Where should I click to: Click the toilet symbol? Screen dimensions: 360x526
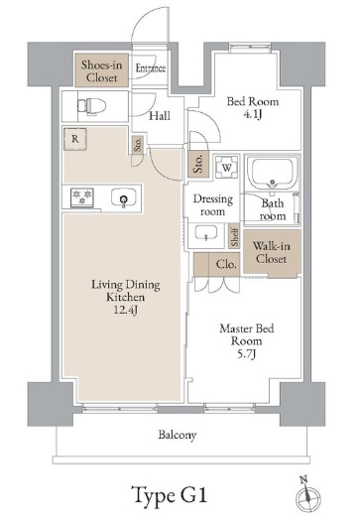pos(91,106)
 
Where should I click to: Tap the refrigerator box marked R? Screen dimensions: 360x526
pos(75,139)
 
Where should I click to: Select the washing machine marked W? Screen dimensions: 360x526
pos(226,167)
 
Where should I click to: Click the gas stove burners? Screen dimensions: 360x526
pos(81,197)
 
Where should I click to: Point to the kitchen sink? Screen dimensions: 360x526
pos(124,198)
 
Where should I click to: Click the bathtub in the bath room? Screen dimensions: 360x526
pos(272,173)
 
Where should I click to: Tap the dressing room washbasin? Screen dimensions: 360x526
pos(206,233)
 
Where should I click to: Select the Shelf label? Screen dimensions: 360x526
pos(234,237)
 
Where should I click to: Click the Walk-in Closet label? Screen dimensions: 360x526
pos(271,252)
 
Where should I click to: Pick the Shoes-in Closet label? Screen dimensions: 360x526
pos(101,70)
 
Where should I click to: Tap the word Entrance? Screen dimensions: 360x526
pos(151,68)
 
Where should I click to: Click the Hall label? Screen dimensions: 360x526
pos(160,116)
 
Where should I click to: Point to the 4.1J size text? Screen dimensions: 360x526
pos(253,115)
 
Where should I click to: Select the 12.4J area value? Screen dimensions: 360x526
pos(126,310)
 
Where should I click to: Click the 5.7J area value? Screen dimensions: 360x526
pos(246,354)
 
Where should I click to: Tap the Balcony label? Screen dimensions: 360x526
pos(178,435)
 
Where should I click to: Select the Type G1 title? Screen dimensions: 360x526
pos(169,495)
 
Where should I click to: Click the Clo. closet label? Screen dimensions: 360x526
pos(226,264)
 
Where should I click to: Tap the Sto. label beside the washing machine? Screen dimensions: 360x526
pos(198,164)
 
